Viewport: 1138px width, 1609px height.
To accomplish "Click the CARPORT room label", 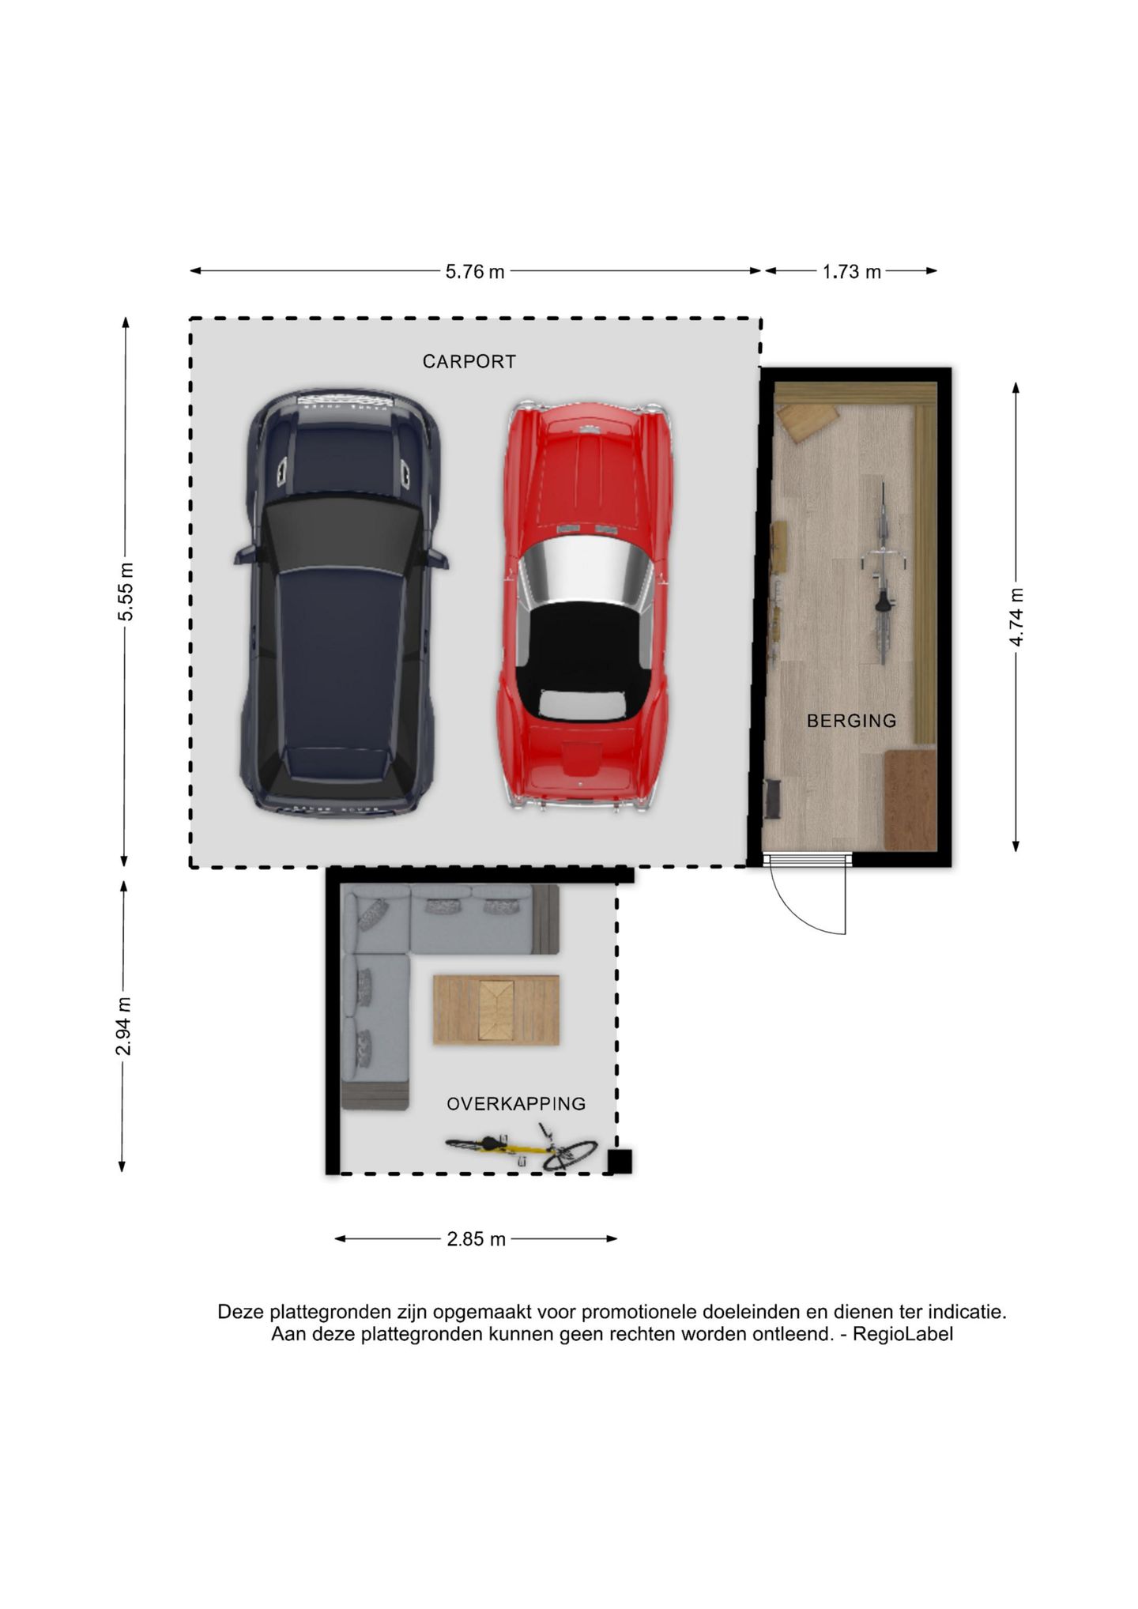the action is tap(469, 362).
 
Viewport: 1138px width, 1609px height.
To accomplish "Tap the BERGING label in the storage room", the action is tap(851, 721).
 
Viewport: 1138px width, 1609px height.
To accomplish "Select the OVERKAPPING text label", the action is tap(516, 1104).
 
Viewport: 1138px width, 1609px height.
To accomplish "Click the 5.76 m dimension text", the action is tap(475, 272).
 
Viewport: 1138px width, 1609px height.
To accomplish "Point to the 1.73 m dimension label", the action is tap(852, 272).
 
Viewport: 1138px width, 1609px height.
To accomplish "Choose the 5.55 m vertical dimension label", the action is tap(126, 592).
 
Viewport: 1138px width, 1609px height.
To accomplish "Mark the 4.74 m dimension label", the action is tap(1016, 617).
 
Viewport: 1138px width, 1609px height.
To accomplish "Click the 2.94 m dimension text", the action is tap(123, 1027).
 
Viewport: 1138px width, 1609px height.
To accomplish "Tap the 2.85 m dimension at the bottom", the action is tap(476, 1239).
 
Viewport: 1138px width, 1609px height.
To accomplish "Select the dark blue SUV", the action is tap(340, 602).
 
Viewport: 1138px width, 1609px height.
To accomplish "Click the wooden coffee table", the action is tap(496, 1010).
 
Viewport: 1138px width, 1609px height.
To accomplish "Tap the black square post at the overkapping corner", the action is tap(620, 1162).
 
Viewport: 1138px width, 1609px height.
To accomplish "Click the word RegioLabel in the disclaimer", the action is tap(902, 1335).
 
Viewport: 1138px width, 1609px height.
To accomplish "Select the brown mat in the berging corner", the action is tap(910, 800).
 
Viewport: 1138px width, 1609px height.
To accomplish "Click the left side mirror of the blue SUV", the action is tap(245, 556).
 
